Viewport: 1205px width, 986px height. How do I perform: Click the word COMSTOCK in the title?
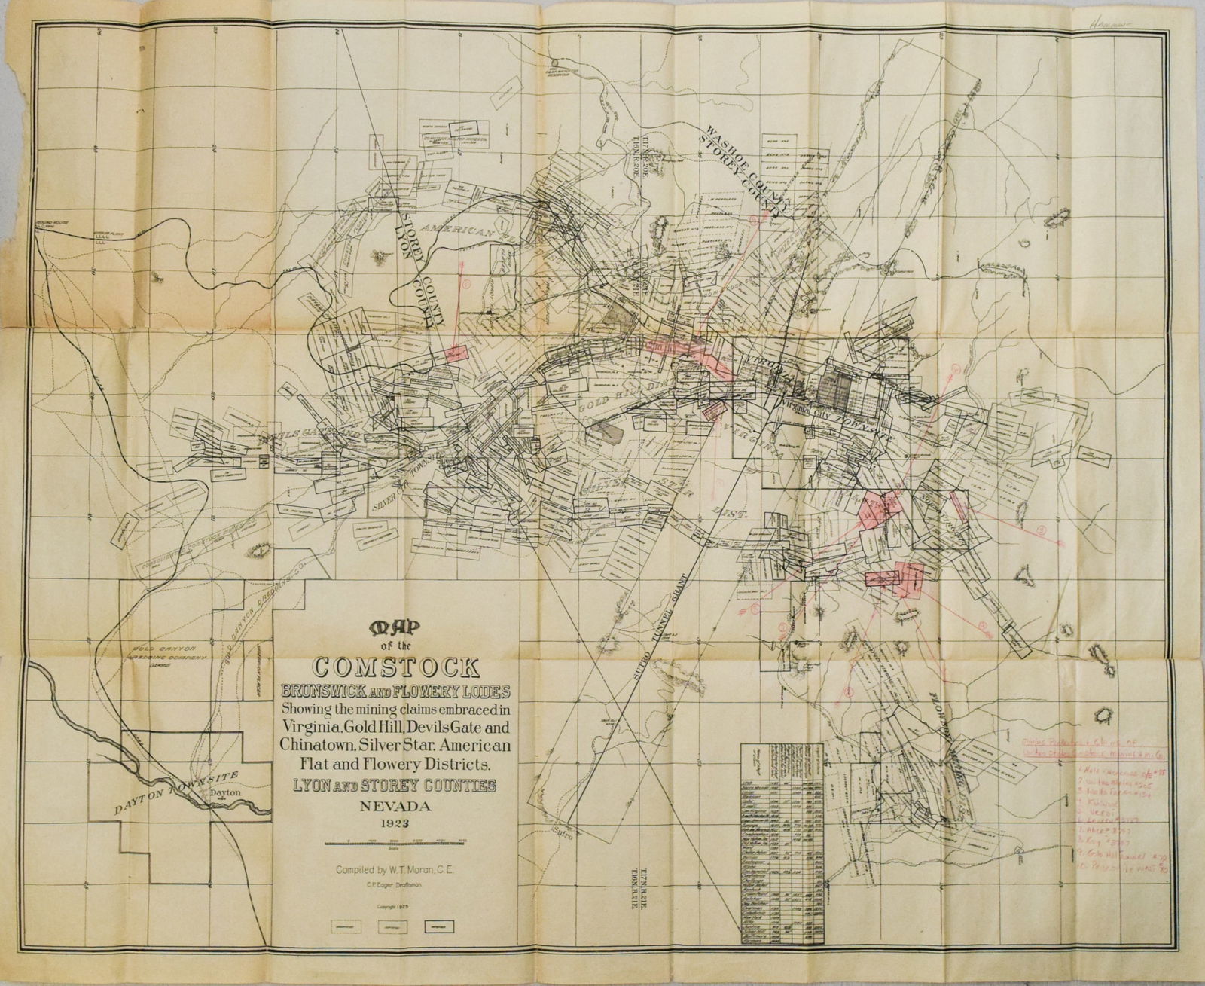coord(391,668)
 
